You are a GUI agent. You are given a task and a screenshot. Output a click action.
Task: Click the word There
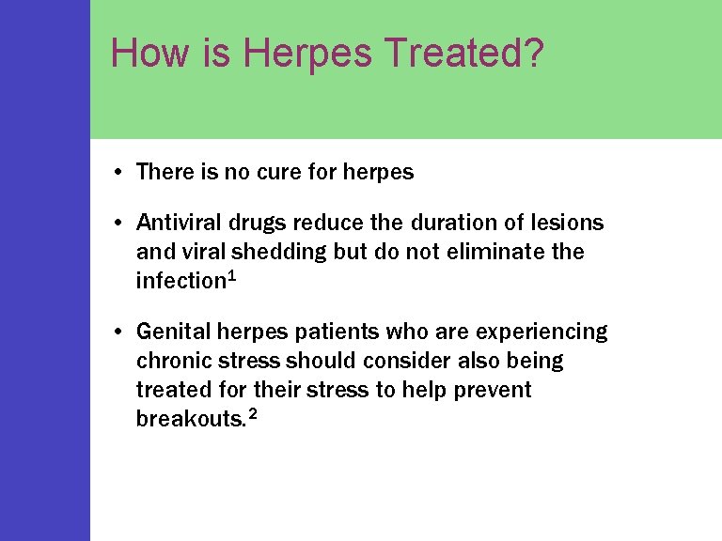tap(165, 172)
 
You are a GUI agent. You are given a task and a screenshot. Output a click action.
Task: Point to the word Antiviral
tap(177, 223)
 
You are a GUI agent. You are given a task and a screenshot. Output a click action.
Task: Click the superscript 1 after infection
tap(231, 276)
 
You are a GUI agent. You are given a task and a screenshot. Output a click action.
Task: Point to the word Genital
tap(172, 332)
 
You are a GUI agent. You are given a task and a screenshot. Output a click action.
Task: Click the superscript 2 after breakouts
tap(251, 414)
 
